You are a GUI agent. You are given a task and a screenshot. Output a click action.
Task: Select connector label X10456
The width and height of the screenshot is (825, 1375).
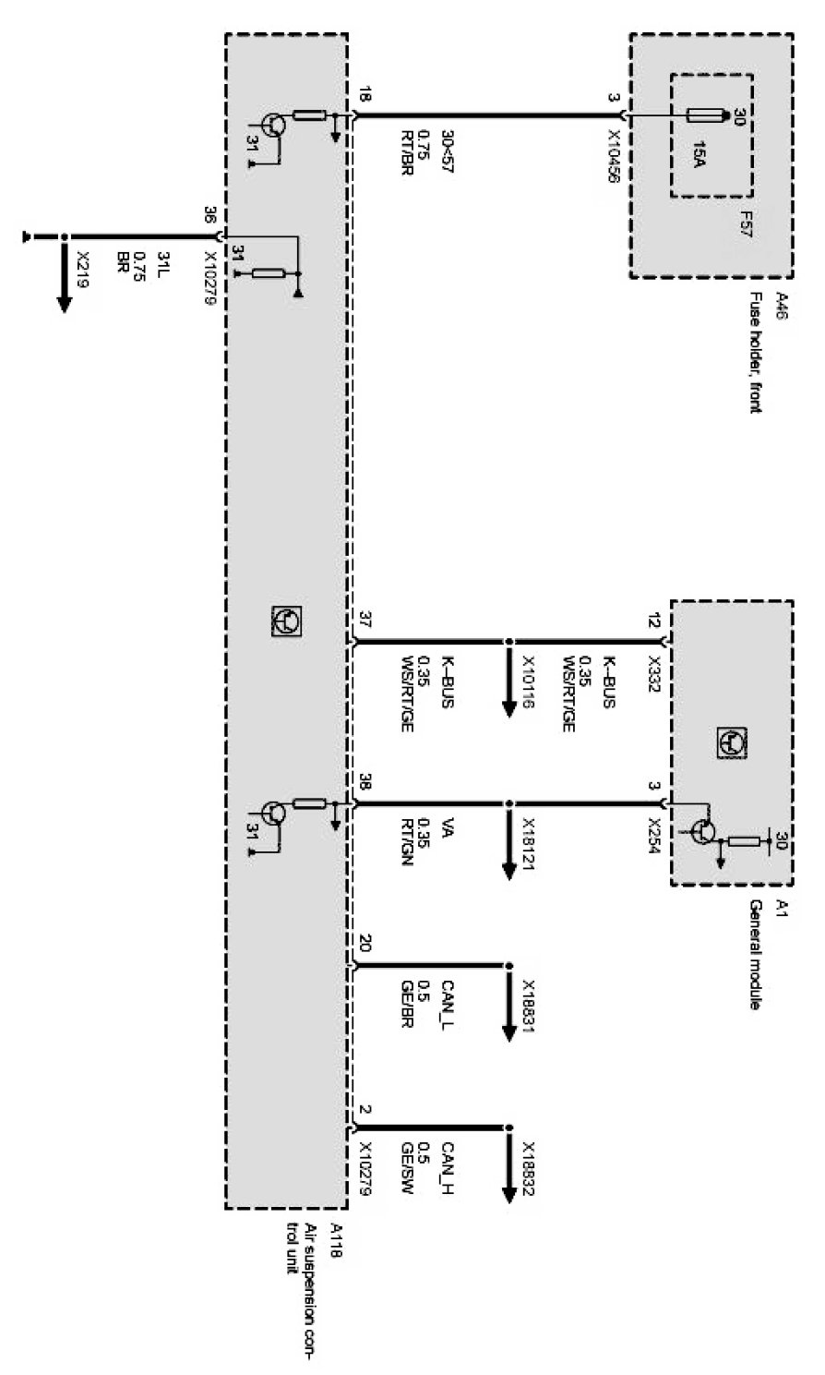coord(612,148)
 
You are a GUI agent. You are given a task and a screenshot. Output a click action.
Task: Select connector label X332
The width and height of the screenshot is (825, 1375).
coord(655,669)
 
